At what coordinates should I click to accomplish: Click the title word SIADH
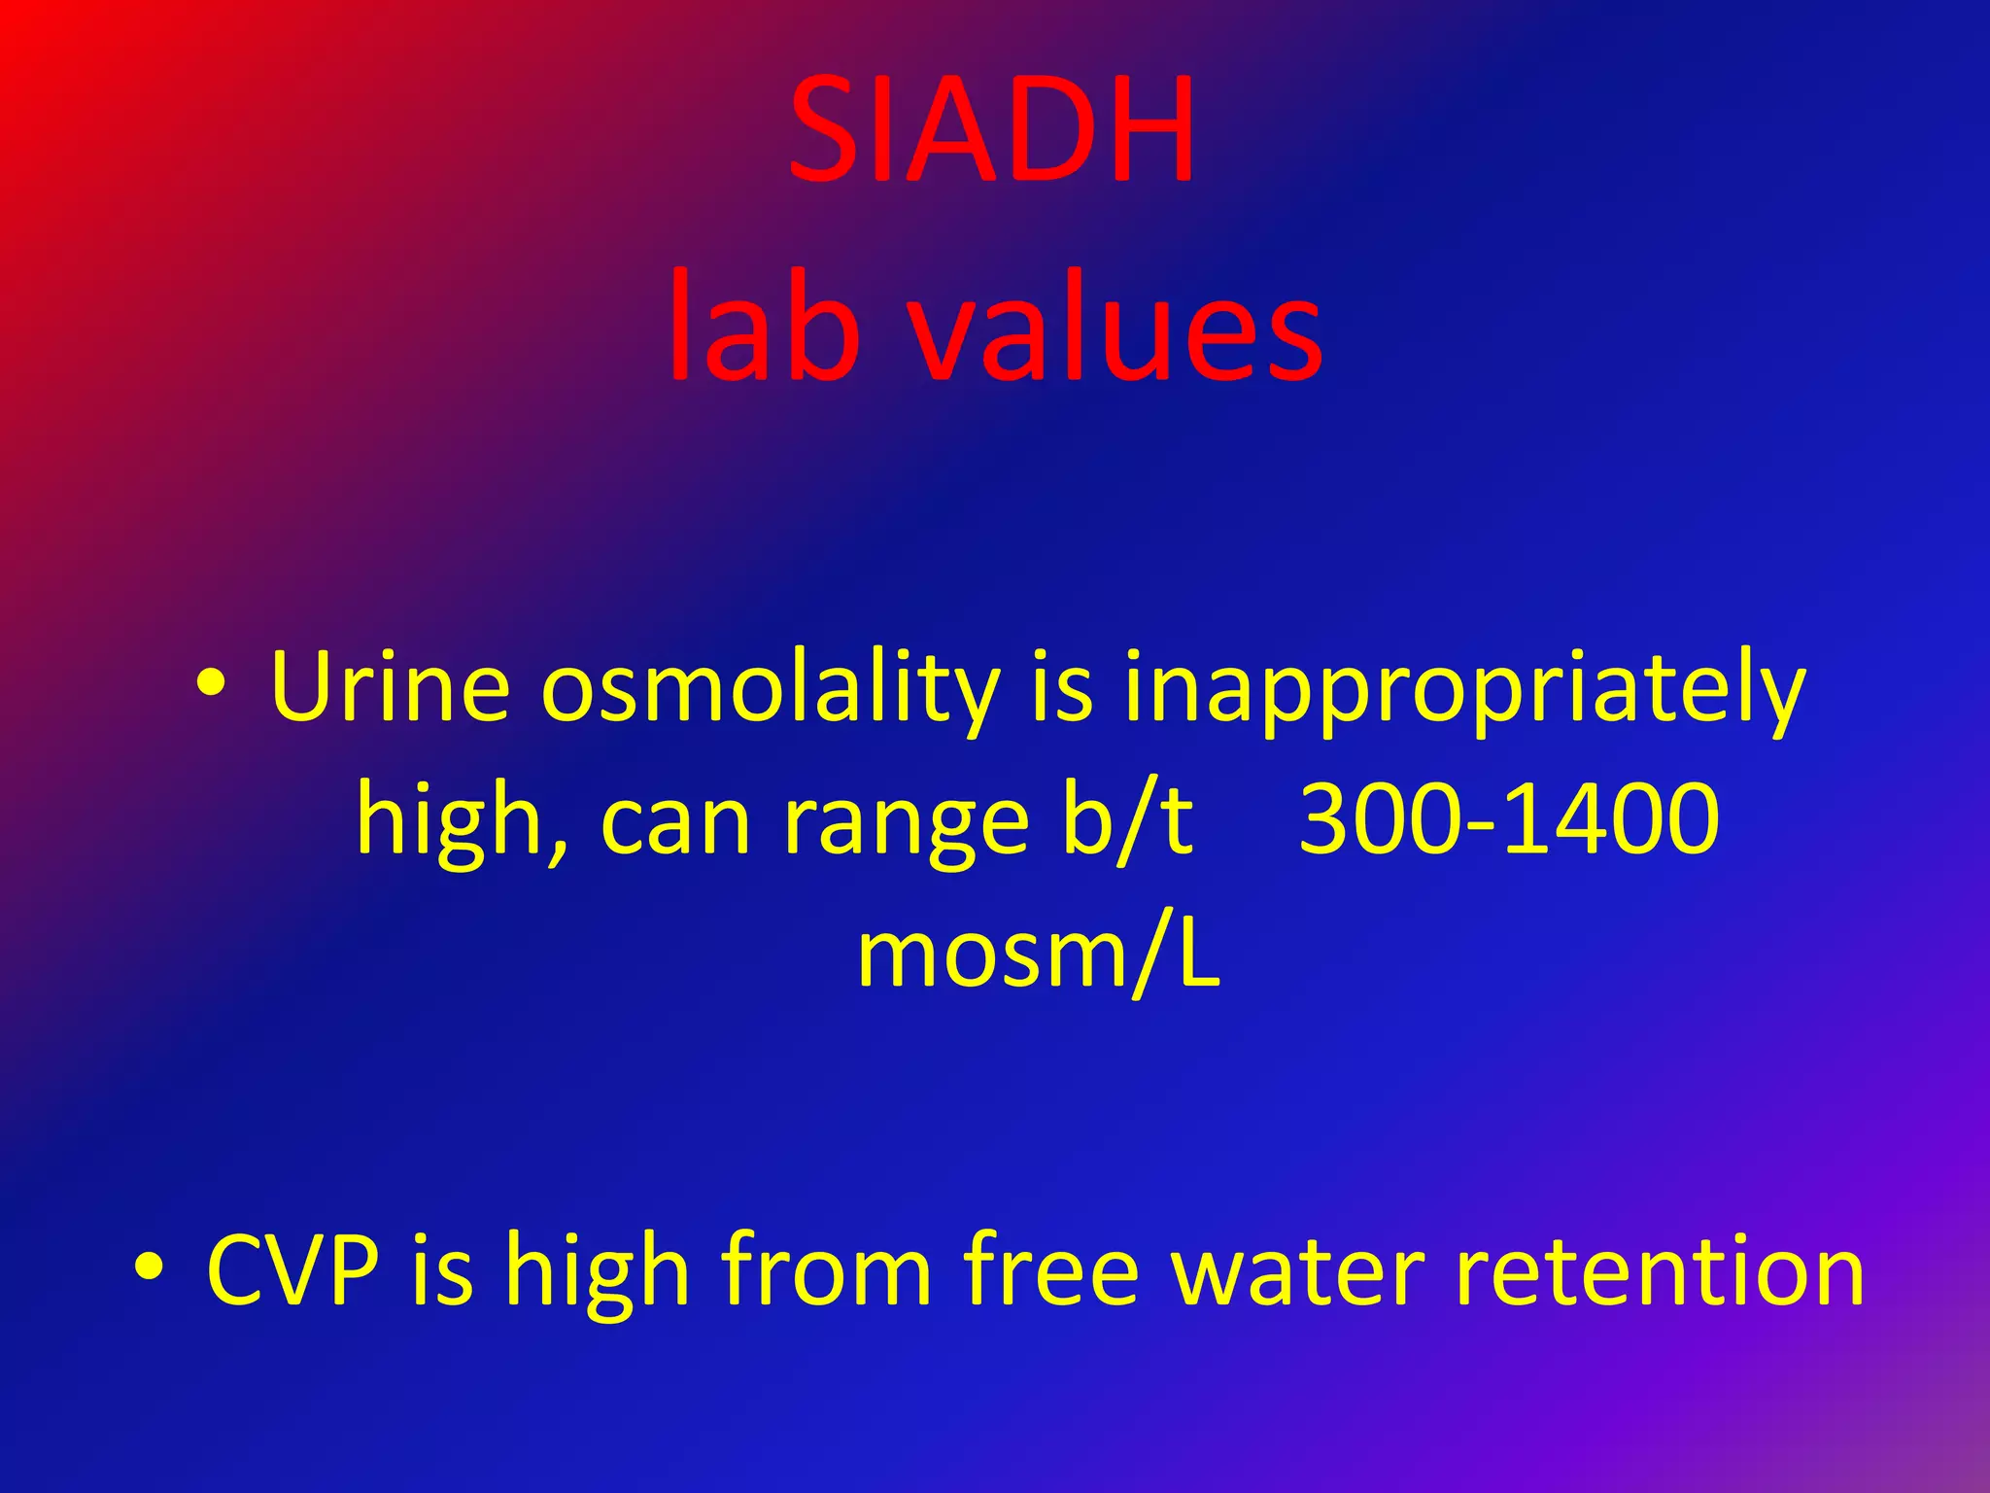point(991,131)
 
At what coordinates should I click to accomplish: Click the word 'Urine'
point(390,687)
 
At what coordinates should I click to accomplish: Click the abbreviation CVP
point(292,1269)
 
